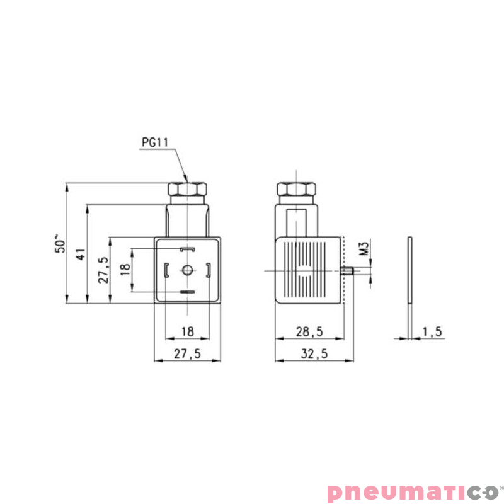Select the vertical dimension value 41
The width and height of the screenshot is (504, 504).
79,254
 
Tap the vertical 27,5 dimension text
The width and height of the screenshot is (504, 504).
103,269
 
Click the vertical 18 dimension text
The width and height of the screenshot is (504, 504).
124,269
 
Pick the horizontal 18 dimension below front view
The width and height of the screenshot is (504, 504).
187,331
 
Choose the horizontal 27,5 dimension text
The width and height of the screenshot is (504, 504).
187,354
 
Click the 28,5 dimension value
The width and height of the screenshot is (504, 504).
309,331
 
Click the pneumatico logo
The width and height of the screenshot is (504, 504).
412,491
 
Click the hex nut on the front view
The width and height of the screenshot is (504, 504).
187,189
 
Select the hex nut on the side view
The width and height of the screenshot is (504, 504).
297,189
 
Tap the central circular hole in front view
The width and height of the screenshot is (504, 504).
187,271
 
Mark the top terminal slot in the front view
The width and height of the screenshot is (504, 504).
187,250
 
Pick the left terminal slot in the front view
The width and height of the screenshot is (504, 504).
166,271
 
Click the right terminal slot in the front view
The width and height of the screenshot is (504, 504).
208,271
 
